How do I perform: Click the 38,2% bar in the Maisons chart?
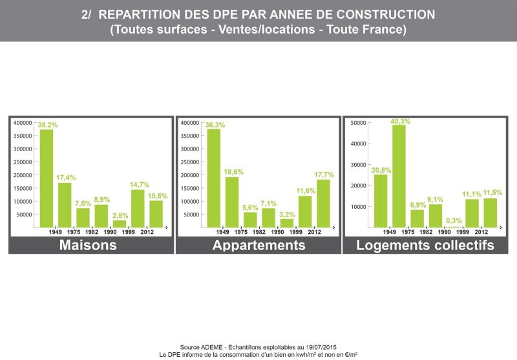coord(47,178)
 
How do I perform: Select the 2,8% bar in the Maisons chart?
coord(120,224)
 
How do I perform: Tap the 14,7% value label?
coord(140,185)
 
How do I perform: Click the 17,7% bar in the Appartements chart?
coord(324,204)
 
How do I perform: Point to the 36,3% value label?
coord(215,125)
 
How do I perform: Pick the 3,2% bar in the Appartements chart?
coord(287,223)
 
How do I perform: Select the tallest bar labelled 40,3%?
coord(399,176)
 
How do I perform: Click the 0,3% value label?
coord(454,220)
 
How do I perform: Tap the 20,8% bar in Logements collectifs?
coord(381,201)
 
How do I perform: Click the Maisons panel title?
coord(88,245)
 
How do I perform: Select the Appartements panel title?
coord(259,246)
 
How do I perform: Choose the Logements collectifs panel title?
coord(425,246)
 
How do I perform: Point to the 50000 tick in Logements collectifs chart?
coord(359,123)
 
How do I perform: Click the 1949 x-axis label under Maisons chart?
coord(55,232)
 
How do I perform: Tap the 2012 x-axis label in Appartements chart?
coord(314,232)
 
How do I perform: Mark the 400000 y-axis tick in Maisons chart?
coord(23,123)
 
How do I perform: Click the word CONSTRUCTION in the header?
coord(385,14)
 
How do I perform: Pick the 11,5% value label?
coord(492,193)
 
